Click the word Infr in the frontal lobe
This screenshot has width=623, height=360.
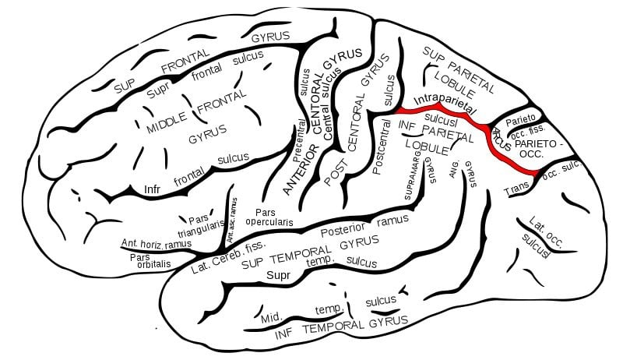click(152, 188)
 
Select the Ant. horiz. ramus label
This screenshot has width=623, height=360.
click(156, 244)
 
